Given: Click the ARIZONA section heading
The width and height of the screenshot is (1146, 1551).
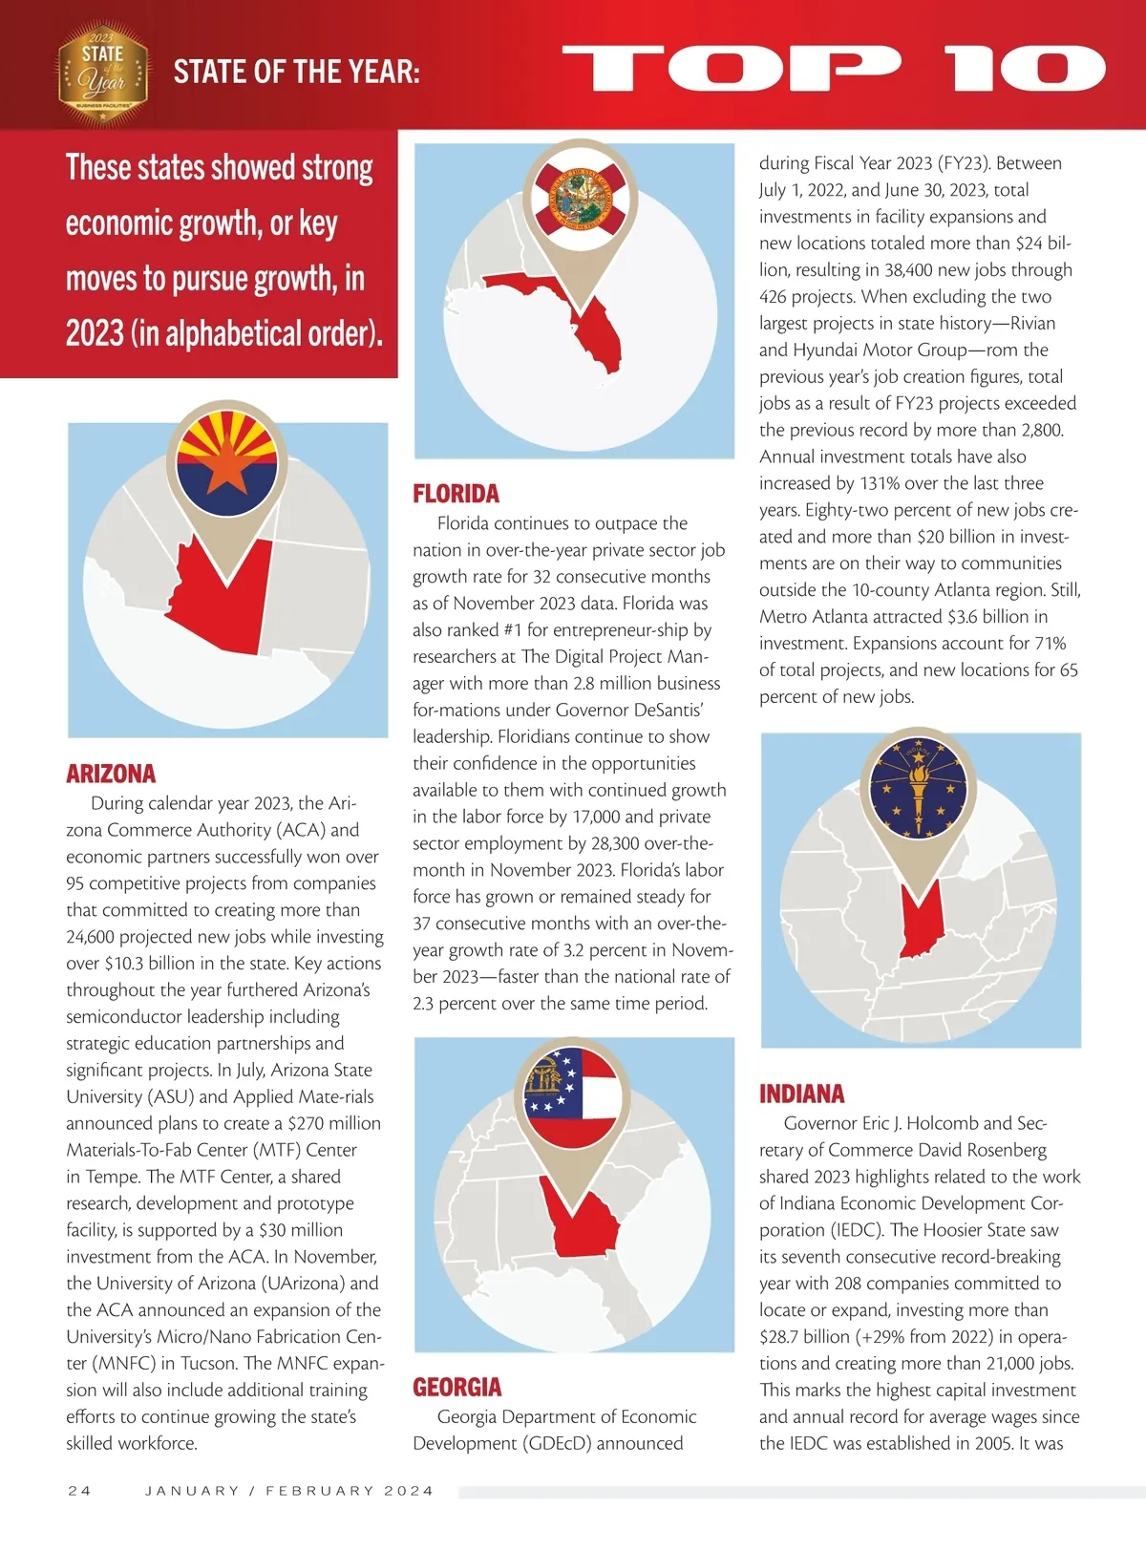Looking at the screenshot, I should click(x=111, y=774).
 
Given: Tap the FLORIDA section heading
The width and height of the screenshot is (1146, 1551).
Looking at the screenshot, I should click(x=456, y=494).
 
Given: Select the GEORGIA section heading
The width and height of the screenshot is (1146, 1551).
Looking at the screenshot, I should click(x=456, y=1387).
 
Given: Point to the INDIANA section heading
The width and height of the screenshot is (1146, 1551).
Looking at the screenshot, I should click(x=801, y=1094).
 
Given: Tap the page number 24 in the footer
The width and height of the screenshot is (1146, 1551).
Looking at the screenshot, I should click(x=80, y=1491).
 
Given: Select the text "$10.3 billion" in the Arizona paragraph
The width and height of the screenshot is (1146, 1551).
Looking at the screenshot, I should click(x=156, y=964).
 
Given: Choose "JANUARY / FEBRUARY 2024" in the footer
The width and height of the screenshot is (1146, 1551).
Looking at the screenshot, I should click(x=289, y=1491).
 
